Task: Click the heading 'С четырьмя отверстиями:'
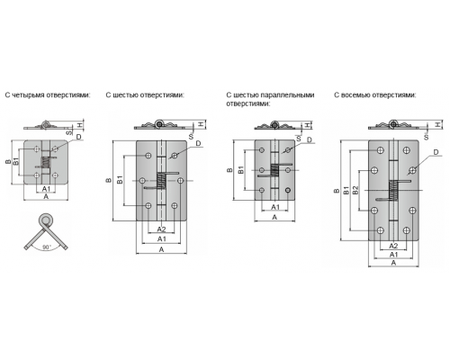coord(48,95)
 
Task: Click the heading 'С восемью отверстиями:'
coord(375,95)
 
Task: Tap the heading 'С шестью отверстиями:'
coord(145,95)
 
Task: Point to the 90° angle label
coord(47,247)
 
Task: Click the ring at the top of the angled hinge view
coord(46,220)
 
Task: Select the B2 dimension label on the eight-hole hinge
coord(355,190)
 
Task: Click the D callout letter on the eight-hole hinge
coord(436,152)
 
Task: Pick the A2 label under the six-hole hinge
coord(161,229)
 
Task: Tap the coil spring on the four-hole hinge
coord(45,162)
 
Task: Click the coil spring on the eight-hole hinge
coord(393,190)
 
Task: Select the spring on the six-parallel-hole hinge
coord(274,170)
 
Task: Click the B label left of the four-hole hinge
coord(8,162)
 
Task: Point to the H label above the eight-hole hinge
coord(438,124)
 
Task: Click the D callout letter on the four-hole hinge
coord(78,137)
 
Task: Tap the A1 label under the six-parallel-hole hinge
coord(275,207)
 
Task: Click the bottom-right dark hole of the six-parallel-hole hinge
coord(288,190)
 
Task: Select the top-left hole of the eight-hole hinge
coord(381,150)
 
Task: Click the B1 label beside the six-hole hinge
coord(120,180)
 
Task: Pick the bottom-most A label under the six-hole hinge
coord(161,249)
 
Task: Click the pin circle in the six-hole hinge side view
coord(159,123)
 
